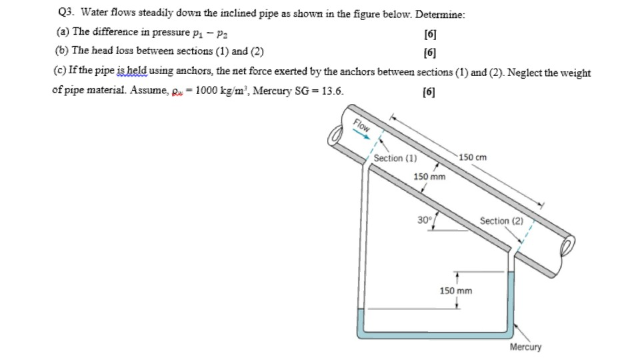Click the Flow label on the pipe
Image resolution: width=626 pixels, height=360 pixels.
(x=361, y=125)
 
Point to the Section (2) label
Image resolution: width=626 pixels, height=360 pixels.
(x=501, y=221)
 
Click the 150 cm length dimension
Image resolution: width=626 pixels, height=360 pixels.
(x=473, y=157)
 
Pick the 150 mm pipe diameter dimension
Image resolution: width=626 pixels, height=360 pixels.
(x=429, y=177)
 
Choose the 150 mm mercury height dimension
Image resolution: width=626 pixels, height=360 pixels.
(x=456, y=291)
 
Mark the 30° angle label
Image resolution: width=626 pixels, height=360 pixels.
(x=425, y=219)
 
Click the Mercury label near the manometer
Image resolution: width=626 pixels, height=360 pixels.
(x=525, y=347)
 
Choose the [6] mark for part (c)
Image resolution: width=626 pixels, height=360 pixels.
(x=430, y=92)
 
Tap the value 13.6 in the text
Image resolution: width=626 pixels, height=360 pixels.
(x=333, y=91)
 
